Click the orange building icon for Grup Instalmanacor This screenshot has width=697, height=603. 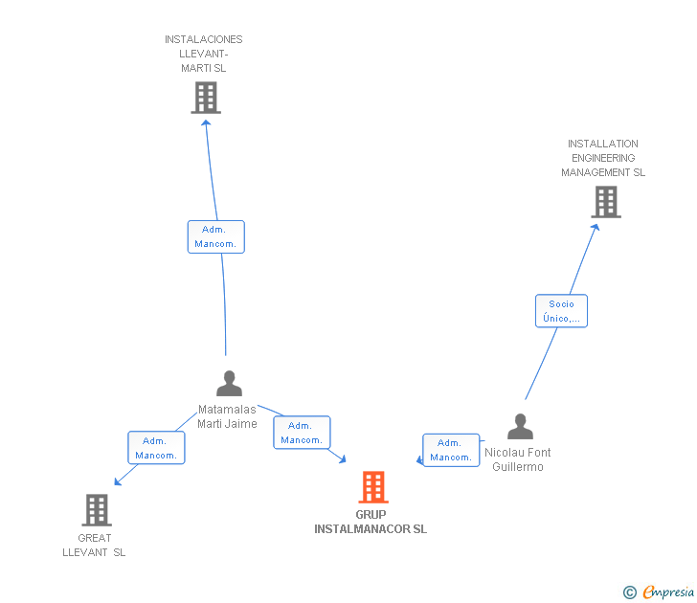[x=373, y=487]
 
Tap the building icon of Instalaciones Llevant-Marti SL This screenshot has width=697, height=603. [x=205, y=98]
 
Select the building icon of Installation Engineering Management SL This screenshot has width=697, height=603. [x=605, y=202]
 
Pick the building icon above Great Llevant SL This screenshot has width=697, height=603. [x=97, y=510]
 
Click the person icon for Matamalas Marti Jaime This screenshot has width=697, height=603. [x=229, y=384]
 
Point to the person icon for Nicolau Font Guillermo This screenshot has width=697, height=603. [x=520, y=427]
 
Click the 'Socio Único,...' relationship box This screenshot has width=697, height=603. [x=561, y=311]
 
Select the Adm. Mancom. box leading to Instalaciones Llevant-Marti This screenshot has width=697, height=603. [x=215, y=236]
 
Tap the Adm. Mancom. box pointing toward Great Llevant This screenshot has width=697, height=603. [x=156, y=448]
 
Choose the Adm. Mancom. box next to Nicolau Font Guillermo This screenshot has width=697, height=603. [x=451, y=450]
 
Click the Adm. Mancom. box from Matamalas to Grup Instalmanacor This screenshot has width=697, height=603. [x=302, y=433]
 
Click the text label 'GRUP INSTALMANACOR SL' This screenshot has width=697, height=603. [x=371, y=522]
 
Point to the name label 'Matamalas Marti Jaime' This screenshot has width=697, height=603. [x=227, y=416]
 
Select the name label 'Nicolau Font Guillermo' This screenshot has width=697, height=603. [x=518, y=459]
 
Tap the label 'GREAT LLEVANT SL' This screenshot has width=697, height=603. [x=94, y=545]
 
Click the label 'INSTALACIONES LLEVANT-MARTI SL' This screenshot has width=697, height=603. [x=204, y=54]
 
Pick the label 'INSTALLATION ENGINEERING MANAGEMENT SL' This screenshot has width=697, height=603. [x=603, y=158]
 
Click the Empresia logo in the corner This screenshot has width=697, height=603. [x=667, y=592]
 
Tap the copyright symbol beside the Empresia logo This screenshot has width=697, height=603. [x=630, y=592]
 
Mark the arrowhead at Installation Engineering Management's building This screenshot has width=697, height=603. [x=596, y=227]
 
